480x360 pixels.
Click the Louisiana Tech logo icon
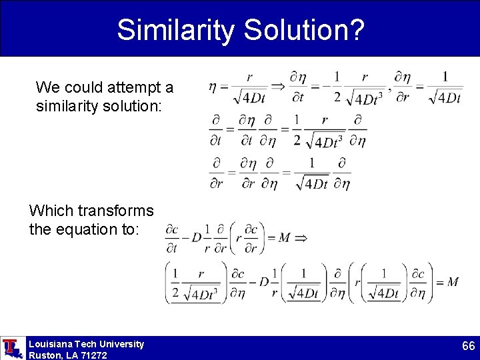[x=11, y=348]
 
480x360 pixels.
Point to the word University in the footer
[x=121, y=344]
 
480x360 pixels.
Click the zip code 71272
[x=93, y=355]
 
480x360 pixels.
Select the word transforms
[x=115, y=211]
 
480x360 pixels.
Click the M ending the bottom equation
[x=453, y=282]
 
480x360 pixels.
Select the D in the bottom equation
[x=263, y=282]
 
